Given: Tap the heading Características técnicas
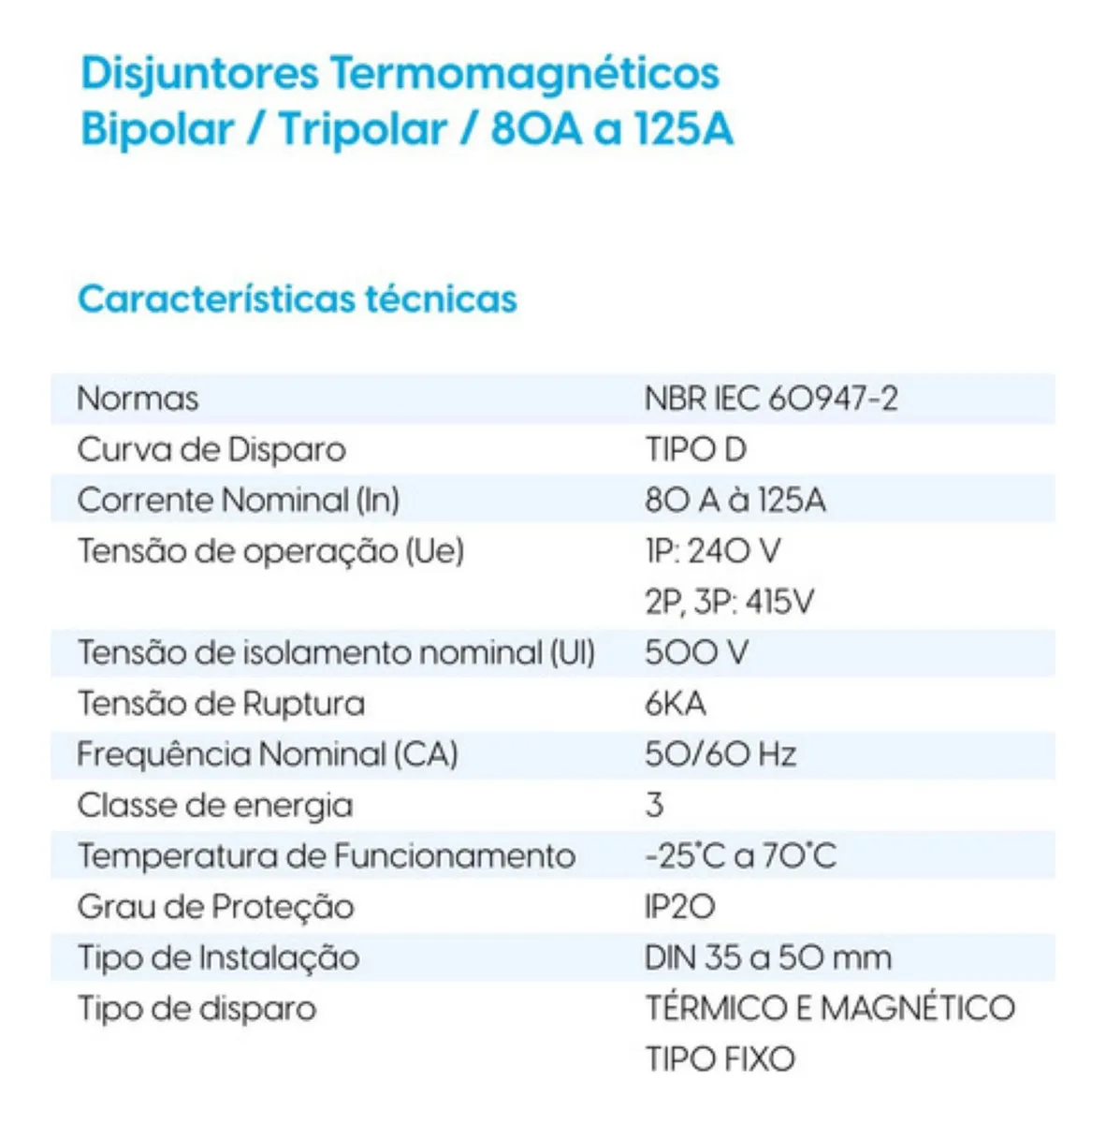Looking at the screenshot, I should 298,299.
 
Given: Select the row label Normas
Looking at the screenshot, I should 138,399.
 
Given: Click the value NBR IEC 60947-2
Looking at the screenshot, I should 771,399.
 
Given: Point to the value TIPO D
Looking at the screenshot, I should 695,450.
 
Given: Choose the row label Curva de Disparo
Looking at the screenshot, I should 211,450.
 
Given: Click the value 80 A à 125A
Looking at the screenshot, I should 735,501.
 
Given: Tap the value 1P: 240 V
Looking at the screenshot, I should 712,551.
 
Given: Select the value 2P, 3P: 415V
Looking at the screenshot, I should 729,602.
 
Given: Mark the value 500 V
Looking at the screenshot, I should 696,652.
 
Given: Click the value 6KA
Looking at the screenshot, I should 675,704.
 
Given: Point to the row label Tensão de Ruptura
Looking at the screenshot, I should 221,704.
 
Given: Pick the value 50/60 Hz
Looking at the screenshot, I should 720,754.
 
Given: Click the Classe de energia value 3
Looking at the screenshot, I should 654,805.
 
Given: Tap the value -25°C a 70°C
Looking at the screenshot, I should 740,856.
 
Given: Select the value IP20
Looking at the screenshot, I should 679,907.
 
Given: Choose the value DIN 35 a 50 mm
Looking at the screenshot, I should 767,957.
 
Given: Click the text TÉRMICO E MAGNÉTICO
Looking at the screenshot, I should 830,1008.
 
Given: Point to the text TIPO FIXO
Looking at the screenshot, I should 720,1059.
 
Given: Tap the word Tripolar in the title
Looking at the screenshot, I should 363,130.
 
